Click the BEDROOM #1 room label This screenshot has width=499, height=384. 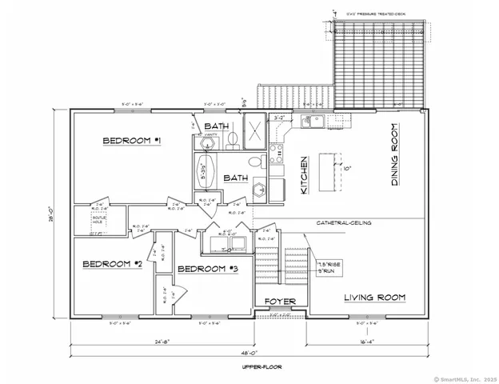coord(133,142)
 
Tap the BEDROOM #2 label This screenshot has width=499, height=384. coord(113,264)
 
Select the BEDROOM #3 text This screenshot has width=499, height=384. coord(207,269)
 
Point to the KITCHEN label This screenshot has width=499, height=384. coord(304,175)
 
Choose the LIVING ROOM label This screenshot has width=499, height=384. coord(374,298)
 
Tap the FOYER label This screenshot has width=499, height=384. coord(281,302)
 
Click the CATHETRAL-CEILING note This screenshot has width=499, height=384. coord(343,223)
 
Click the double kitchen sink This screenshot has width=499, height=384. coord(313,122)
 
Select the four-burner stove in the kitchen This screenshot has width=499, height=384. coord(276,152)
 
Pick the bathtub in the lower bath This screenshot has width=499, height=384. coord(204,170)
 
